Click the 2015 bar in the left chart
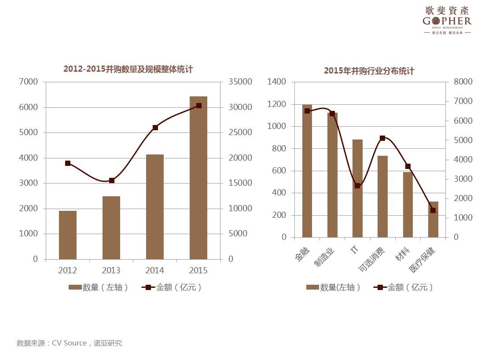pos(198,178)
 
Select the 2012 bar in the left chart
pos(68,235)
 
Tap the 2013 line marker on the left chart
pos(112,180)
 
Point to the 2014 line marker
pos(155,128)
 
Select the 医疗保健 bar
pos(433,219)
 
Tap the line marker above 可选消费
pos(382,138)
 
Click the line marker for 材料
pos(408,166)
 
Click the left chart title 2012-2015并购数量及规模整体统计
pos(128,69)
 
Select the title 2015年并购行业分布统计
pos(369,71)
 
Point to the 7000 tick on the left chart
pos(29,82)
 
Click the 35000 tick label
pos(240,82)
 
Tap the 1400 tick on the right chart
pos(276,82)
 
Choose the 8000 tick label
pos(463,82)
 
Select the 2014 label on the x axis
pos(155,270)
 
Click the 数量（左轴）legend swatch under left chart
pos(75,287)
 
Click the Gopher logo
pos(447,20)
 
